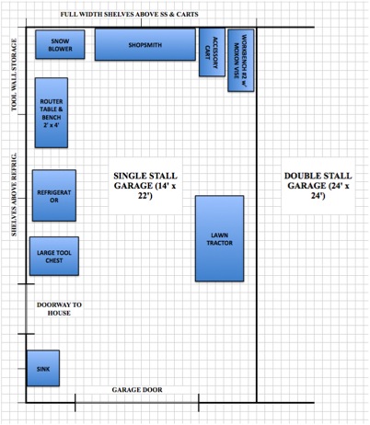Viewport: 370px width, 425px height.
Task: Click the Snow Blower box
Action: [x=60, y=44]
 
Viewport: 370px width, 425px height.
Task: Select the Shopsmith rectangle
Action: [x=145, y=44]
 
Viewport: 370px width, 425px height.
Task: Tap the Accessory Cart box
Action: [x=212, y=52]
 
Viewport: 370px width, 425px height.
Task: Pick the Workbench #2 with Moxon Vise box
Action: [x=241, y=61]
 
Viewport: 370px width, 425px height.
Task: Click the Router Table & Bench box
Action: [x=52, y=112]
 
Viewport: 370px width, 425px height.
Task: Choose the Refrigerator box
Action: [x=54, y=195]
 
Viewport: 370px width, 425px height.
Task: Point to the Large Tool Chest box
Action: [x=54, y=256]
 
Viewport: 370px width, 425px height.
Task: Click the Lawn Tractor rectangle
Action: [x=220, y=238]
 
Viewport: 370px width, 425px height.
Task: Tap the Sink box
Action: [x=43, y=368]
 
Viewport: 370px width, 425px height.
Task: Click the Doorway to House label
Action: [x=59, y=309]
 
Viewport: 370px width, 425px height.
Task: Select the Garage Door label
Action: [x=137, y=390]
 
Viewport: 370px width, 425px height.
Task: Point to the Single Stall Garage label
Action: [x=145, y=186]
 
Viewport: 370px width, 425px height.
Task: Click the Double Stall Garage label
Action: [x=318, y=186]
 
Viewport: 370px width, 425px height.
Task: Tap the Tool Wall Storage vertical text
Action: [x=14, y=75]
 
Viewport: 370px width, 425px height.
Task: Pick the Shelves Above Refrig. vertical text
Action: [x=14, y=195]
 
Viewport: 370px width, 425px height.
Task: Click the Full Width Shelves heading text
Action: [x=129, y=14]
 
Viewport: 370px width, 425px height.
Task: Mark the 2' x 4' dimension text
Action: [x=52, y=125]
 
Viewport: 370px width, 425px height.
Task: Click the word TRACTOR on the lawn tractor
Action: [x=220, y=243]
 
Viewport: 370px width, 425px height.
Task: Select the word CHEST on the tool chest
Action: [x=54, y=260]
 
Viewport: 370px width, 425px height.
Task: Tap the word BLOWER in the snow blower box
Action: [x=60, y=49]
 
